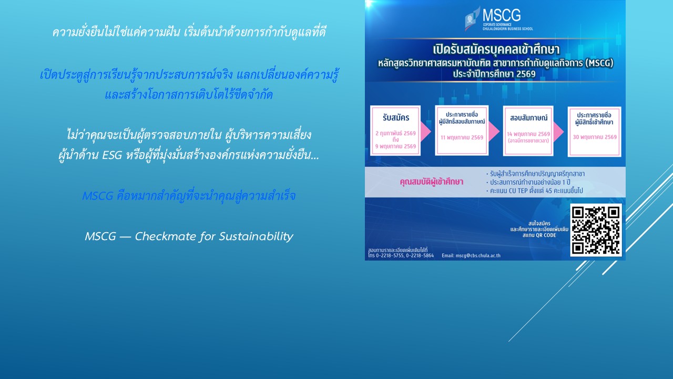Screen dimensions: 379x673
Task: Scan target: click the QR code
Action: click(x=596, y=230)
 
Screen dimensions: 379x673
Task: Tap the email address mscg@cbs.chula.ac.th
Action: click(x=471, y=256)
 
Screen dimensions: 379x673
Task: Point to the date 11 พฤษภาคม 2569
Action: click(x=462, y=137)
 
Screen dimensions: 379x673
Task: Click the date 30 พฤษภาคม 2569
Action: click(x=594, y=137)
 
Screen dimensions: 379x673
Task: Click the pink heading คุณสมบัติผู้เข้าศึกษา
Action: click(x=431, y=182)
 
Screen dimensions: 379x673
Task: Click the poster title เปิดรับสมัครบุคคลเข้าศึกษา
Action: click(x=494, y=52)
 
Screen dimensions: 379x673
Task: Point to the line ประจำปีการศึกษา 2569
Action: click(x=494, y=74)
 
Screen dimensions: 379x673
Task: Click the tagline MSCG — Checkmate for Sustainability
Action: click(x=189, y=236)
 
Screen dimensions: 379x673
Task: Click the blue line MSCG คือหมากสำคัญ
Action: click(x=189, y=196)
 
